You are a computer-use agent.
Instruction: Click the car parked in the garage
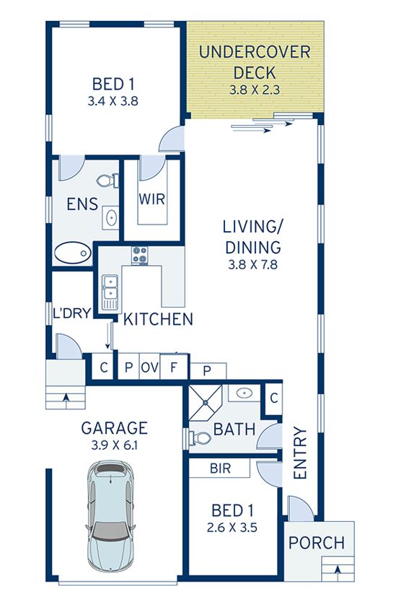pyautogui.click(x=111, y=516)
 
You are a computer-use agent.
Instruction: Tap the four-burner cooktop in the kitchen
pyautogui.click(x=140, y=256)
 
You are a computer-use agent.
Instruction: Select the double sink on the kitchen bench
pyautogui.click(x=110, y=292)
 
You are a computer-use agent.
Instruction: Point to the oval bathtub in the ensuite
pyautogui.click(x=72, y=253)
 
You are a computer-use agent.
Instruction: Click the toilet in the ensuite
pyautogui.click(x=107, y=180)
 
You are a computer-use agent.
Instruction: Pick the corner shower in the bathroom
pyautogui.click(x=206, y=402)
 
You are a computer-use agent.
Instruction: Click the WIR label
pyautogui.click(x=152, y=199)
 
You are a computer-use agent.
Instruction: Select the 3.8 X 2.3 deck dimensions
pyautogui.click(x=255, y=90)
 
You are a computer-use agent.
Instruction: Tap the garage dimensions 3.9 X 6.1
pyautogui.click(x=115, y=445)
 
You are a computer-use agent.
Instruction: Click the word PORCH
pyautogui.click(x=317, y=543)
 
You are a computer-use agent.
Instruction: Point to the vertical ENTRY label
pyautogui.click(x=300, y=453)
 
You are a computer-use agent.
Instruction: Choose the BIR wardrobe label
pyautogui.click(x=220, y=469)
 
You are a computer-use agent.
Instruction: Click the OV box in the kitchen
pyautogui.click(x=149, y=367)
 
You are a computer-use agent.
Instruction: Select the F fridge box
pyautogui.click(x=174, y=367)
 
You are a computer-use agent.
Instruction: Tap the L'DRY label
pyautogui.click(x=72, y=313)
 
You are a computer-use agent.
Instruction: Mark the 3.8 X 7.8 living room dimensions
pyautogui.click(x=253, y=265)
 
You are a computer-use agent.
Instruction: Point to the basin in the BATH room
pyautogui.click(x=244, y=393)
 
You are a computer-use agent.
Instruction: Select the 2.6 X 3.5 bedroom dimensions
pyautogui.click(x=232, y=528)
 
